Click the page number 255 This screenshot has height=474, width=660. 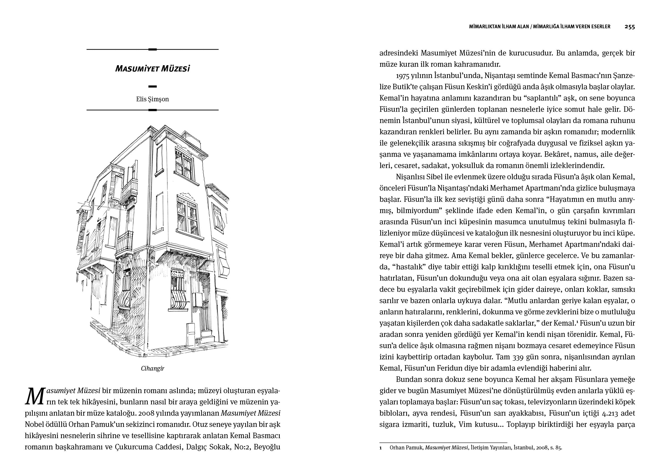[629, 27]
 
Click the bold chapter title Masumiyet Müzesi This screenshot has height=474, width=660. [152, 69]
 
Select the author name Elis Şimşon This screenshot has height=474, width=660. [152, 99]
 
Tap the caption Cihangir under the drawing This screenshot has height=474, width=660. [152, 369]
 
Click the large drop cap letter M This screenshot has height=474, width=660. [35, 396]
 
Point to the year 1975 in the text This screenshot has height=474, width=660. [403, 76]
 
